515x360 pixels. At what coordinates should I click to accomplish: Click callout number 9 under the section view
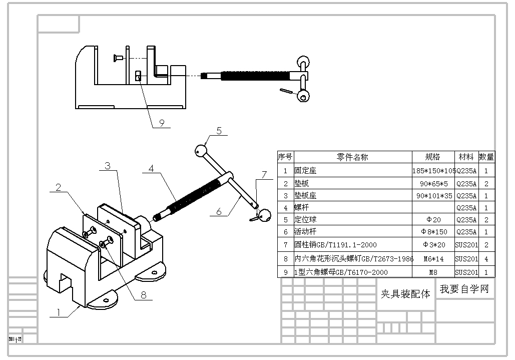(162, 122)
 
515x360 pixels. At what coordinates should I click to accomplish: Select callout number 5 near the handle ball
(219, 131)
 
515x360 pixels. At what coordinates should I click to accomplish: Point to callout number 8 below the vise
(144, 295)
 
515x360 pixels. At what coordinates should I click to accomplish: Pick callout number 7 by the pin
(264, 175)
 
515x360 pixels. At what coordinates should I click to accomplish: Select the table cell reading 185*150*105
(433, 171)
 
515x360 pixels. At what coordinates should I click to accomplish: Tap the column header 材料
(466, 157)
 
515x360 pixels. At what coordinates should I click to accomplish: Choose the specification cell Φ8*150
(433, 232)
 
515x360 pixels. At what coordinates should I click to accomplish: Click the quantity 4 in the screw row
(486, 259)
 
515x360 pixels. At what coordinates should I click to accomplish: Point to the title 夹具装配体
(405, 294)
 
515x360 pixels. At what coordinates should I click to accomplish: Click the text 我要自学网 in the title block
(464, 289)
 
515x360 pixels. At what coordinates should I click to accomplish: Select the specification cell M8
(433, 272)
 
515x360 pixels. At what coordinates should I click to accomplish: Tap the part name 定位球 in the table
(305, 219)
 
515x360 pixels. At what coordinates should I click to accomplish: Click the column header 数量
(486, 157)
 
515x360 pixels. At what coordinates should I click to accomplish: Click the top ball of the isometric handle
(200, 150)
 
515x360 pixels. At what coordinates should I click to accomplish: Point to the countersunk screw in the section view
(118, 59)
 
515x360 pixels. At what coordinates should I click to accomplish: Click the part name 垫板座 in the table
(305, 195)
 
